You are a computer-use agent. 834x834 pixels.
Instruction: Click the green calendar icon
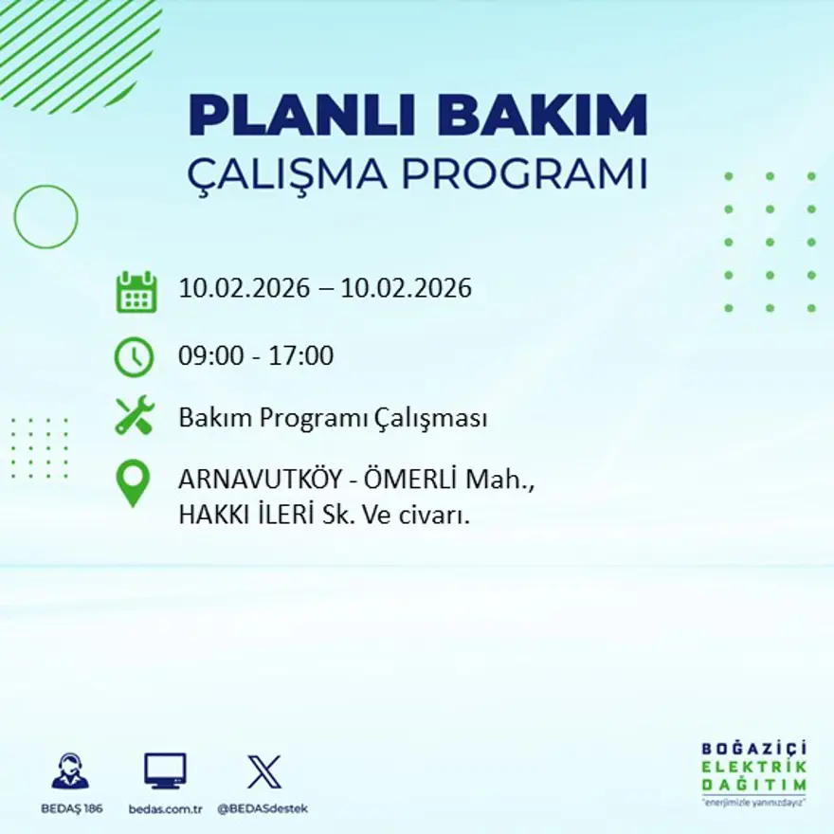[x=136, y=292]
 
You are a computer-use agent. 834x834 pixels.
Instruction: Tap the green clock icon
[x=134, y=357]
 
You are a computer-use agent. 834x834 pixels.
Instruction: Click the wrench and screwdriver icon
[x=135, y=416]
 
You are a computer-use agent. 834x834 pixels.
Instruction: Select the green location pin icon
[x=133, y=481]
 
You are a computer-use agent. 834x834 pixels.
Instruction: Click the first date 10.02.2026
[x=245, y=288]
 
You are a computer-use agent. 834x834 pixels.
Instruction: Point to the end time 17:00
[x=302, y=356]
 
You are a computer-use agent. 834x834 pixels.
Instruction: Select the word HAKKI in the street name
[x=209, y=516]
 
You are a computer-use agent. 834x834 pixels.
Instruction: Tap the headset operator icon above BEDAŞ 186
[x=71, y=771]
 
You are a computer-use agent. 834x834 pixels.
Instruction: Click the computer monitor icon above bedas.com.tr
[x=165, y=771]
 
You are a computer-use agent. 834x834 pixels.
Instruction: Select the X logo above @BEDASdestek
[x=263, y=771]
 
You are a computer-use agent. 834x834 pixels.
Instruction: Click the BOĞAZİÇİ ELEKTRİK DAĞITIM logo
[x=754, y=770]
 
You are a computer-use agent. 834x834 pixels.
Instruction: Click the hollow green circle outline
[x=45, y=217]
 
